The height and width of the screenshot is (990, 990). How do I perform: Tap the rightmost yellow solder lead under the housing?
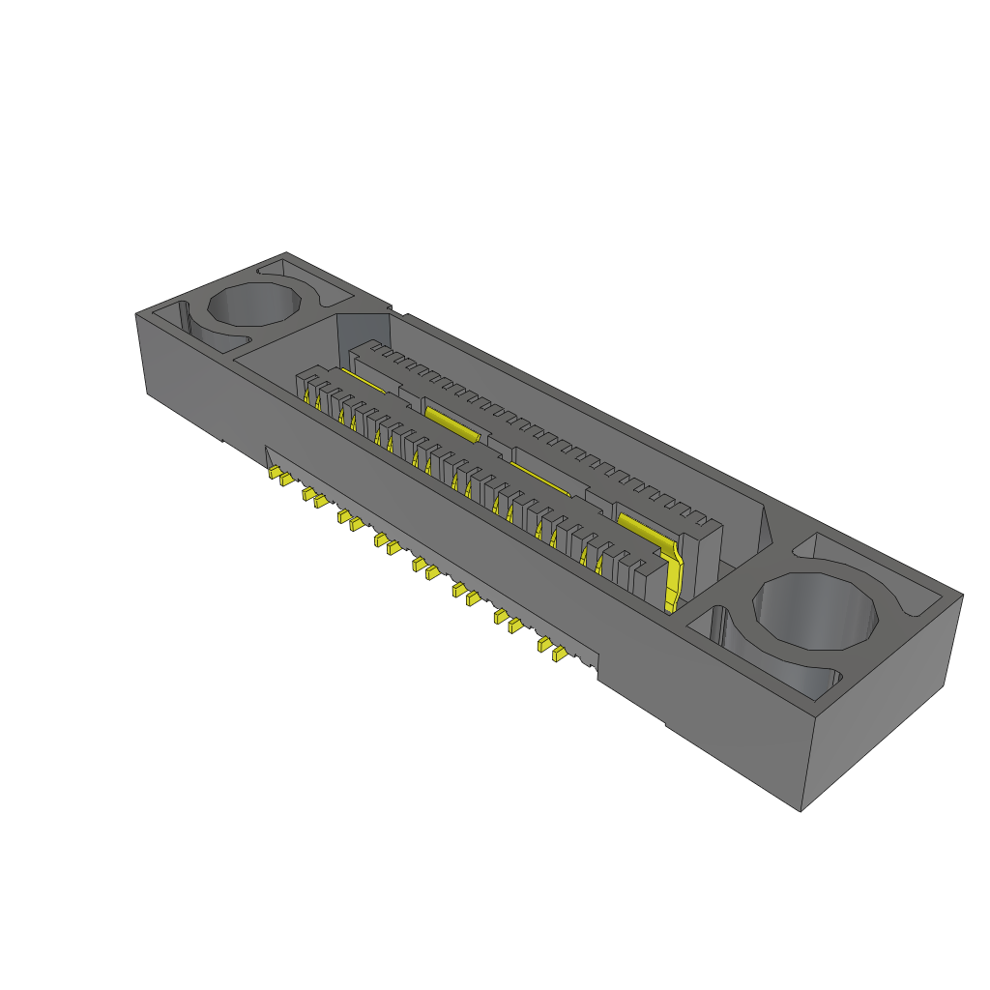558,654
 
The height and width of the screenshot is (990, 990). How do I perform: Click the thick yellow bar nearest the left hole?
451,422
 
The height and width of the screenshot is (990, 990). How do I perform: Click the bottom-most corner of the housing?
801,810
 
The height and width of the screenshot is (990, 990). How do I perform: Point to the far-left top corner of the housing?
135,311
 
